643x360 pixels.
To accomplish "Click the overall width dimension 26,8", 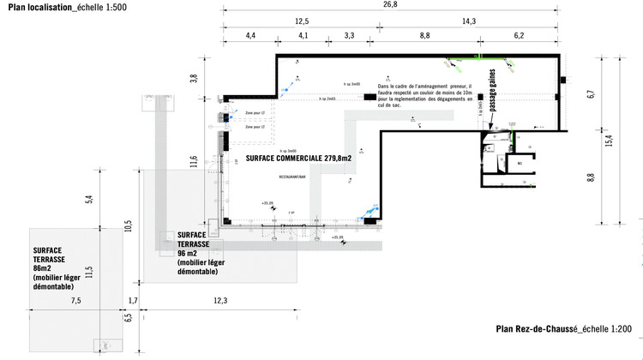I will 390,4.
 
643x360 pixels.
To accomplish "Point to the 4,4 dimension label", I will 250,36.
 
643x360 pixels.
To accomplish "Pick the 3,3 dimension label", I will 350,36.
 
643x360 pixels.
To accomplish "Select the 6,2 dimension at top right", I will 519,36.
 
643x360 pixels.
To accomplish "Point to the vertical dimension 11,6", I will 195,160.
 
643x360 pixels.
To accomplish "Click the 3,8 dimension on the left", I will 195,78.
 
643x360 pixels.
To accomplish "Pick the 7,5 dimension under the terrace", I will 75,301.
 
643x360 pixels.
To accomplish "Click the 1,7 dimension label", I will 133,301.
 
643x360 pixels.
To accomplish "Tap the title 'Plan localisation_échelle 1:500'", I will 62,6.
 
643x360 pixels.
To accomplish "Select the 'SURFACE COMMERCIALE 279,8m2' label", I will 298,159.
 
